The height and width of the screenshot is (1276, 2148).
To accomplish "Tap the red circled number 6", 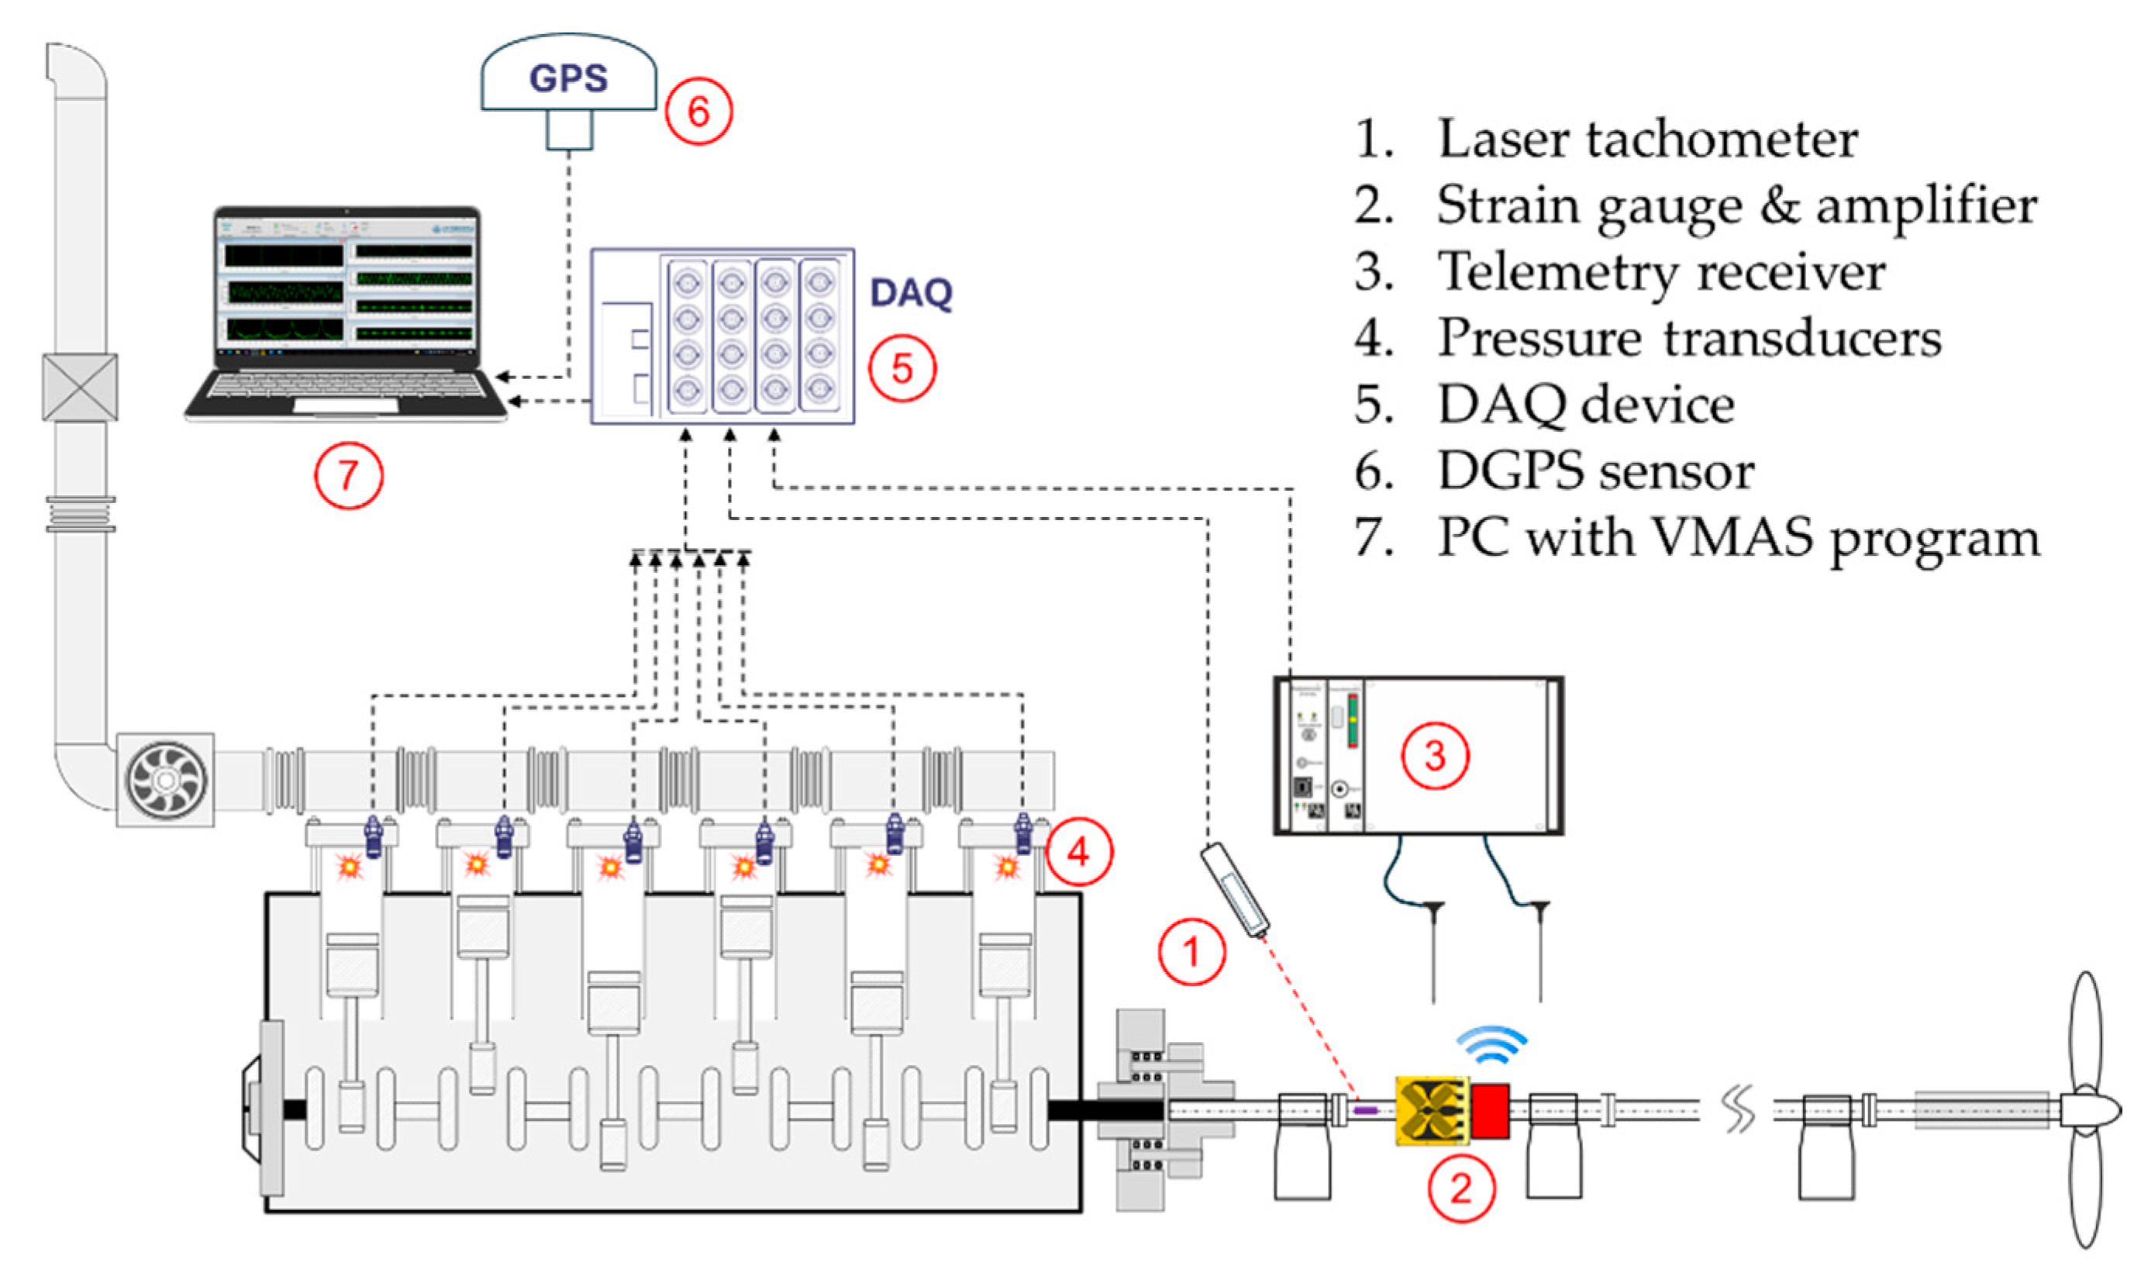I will pos(698,112).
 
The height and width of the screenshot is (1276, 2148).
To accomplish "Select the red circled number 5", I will pos(902,368).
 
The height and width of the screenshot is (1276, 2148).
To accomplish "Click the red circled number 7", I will pos(348,475).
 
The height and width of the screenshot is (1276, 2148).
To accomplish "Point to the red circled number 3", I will pos(1435,756).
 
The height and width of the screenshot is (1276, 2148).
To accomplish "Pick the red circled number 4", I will pos(1079,852).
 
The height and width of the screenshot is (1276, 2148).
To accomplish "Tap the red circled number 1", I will pos(1191,952).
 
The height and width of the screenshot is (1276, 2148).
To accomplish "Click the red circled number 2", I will pos(1461,1189).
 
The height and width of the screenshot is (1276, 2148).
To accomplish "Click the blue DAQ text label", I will pos(911,293).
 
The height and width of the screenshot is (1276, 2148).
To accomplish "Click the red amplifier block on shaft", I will pos(1491,1111).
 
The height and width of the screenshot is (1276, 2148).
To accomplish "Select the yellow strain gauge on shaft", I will pos(1431,1111).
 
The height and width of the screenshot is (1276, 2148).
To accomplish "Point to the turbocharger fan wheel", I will pos(166,780).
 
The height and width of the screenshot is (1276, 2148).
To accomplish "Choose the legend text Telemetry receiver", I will pos(1660,271).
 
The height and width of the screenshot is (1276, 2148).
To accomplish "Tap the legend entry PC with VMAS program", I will pos(1738,538).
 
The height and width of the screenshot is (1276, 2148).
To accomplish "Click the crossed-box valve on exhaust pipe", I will pos(80,387).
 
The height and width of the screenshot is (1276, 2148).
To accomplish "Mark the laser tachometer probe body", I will pos(1235,891).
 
